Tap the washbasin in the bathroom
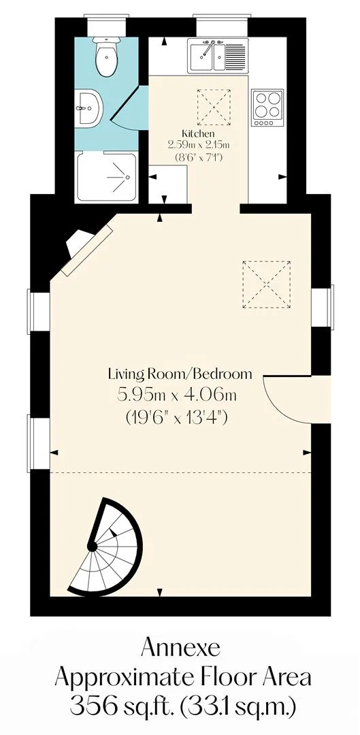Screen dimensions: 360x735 (88, 108)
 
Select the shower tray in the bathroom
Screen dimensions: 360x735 (108, 176)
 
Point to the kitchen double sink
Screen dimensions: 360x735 (218, 56)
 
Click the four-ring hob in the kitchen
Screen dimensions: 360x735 (267, 108)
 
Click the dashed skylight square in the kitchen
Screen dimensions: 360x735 (214, 107)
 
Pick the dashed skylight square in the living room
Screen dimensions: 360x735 (266, 284)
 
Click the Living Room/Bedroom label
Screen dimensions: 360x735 (180, 374)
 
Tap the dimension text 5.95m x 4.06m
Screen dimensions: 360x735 (177, 395)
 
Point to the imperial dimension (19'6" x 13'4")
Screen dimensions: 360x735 (177, 416)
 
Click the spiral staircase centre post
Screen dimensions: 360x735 (92, 546)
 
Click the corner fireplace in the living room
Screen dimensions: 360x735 (85, 249)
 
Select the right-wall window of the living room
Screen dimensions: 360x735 (323, 306)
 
